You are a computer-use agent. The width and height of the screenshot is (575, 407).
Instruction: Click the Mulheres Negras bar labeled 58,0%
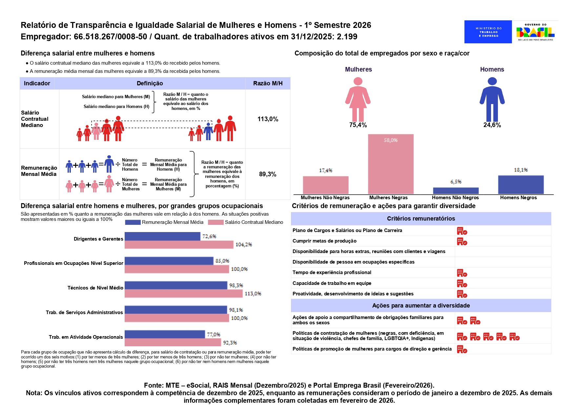(390, 164)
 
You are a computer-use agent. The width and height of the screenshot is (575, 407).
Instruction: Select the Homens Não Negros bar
(456, 191)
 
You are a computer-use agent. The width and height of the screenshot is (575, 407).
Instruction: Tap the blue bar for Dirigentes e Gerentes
(162, 236)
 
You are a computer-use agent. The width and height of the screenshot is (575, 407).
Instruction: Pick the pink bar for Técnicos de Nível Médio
(184, 293)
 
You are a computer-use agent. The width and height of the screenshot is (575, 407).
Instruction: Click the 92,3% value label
(230, 343)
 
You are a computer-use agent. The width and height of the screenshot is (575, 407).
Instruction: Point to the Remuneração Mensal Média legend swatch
(133, 222)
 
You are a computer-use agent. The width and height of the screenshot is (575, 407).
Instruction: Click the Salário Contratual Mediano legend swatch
(216, 222)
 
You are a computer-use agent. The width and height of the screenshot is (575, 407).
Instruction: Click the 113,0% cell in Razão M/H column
(268, 119)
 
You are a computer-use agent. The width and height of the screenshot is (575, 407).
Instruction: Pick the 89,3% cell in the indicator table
(268, 174)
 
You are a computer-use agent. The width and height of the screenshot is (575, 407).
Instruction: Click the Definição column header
(150, 83)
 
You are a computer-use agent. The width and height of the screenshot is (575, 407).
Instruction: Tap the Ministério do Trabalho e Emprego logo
(488, 32)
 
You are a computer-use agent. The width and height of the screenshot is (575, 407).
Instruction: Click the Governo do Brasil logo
(535, 32)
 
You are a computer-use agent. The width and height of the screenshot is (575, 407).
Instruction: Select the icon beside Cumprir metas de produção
(462, 242)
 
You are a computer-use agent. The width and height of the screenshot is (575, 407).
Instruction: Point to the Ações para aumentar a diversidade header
(421, 306)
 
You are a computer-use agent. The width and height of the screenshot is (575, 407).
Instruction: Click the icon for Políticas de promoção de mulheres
(462, 349)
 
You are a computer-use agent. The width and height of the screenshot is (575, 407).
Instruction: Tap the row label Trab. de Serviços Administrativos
(84, 312)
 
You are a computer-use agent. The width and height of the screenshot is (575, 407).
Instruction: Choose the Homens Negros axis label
(518, 198)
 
